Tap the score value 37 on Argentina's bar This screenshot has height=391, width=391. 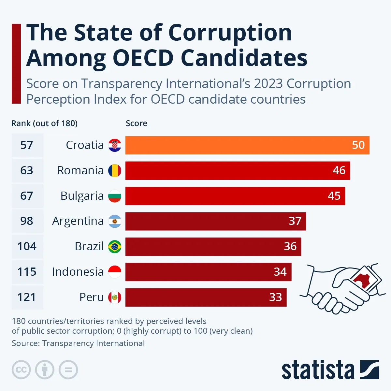(x=295, y=221)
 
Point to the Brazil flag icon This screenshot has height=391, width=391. (x=115, y=246)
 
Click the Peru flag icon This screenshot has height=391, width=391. (x=115, y=297)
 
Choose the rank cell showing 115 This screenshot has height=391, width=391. (x=27, y=272)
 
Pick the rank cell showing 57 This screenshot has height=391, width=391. (x=27, y=145)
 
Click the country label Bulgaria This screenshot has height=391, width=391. (x=82, y=196)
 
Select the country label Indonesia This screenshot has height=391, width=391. (x=78, y=272)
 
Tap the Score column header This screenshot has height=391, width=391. (x=136, y=123)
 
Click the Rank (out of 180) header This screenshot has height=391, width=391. (x=44, y=123)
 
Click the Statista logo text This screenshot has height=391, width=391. (x=318, y=370)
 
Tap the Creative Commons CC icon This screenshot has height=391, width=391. (x=21, y=370)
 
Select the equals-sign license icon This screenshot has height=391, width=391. (x=68, y=370)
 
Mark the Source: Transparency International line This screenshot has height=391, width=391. (x=78, y=343)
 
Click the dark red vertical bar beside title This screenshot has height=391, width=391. (x=16, y=64)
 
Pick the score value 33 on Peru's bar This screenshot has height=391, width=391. (x=275, y=297)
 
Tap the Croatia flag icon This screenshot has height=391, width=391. (x=115, y=145)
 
